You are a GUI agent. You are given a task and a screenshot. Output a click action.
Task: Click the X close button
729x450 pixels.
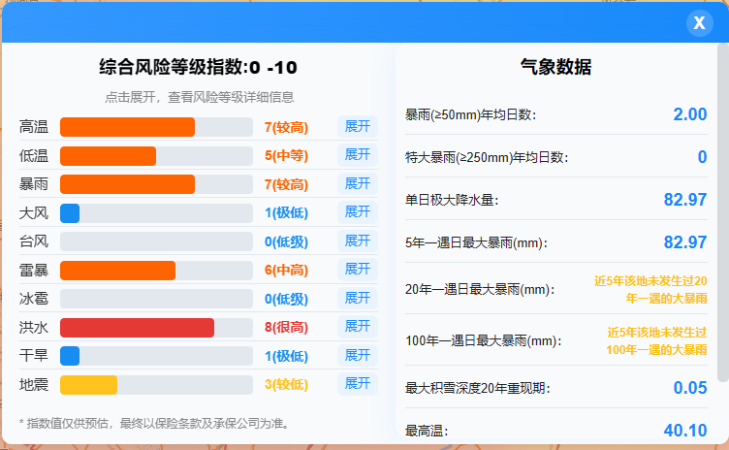pos(699,23)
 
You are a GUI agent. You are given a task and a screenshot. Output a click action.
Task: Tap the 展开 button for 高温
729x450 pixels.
pos(357,127)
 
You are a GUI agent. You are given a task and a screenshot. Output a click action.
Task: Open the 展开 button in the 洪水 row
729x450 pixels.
pos(357,327)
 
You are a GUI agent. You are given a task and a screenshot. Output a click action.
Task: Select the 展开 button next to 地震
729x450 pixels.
pos(357,384)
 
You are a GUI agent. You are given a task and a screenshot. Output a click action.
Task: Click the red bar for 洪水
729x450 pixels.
pos(137,328)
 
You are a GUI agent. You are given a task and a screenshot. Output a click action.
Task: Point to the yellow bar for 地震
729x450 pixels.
pos(89,385)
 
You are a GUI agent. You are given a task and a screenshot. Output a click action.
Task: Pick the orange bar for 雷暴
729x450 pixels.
pos(117,271)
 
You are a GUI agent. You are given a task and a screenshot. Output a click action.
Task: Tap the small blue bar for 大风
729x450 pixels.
pos(70,213)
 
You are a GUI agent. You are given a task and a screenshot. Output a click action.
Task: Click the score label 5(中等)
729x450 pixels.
pos(286,155)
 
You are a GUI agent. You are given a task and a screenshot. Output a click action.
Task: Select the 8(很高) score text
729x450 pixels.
pos(286,328)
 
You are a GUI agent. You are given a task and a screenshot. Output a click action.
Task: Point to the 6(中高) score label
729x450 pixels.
pos(286,271)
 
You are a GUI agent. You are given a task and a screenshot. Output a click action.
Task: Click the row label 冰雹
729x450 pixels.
pos(34,299)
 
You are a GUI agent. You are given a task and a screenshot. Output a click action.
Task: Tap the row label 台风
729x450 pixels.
pos(34,241)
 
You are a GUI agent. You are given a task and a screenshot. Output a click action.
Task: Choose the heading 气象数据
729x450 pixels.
pos(556,67)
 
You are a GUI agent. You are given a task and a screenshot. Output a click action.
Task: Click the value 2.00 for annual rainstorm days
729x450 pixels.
pos(690,114)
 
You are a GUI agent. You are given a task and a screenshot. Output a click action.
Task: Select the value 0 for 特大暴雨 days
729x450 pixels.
pos(702,157)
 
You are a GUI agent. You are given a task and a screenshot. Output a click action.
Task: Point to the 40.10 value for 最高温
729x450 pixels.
pos(685,431)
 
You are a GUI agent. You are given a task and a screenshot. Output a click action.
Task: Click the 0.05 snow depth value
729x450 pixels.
pos(690,388)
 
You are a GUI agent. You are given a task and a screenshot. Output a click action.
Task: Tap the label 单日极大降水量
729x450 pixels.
pos(452,200)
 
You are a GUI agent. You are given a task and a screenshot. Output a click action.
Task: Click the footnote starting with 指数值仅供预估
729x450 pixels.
pos(154,424)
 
